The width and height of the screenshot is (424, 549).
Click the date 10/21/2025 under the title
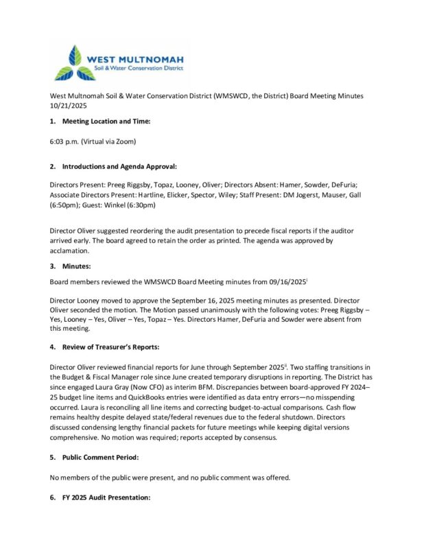67,106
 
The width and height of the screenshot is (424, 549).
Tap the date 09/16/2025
290,282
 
